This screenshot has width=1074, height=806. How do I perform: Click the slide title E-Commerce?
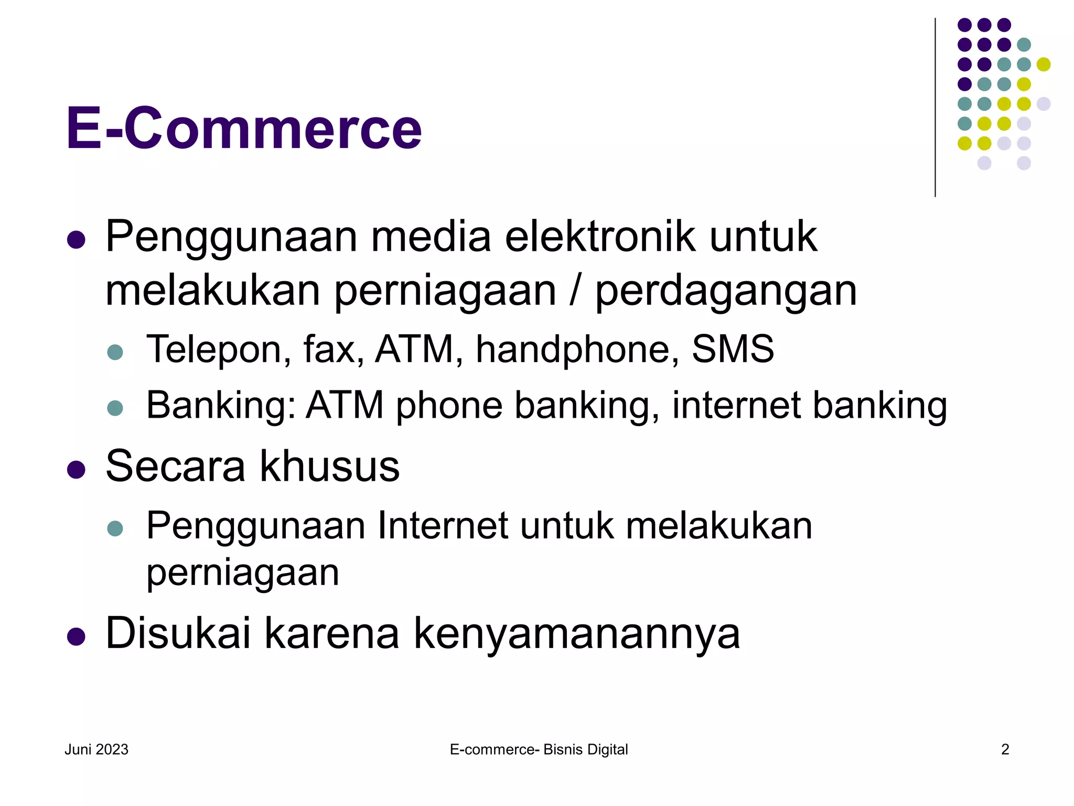coord(244,129)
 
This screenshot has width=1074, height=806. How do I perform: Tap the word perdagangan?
coord(726,292)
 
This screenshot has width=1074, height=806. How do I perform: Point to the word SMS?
coord(733,349)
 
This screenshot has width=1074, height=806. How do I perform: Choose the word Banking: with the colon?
coord(221,406)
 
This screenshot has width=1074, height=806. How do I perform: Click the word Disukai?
coord(178,633)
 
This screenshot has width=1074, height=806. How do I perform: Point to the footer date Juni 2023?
coord(96,749)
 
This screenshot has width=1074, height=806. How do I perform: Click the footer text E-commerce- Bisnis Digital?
coord(539,749)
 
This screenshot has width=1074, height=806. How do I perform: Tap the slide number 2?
coord(1005,749)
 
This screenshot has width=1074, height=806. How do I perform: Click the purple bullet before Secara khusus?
coord(77,470)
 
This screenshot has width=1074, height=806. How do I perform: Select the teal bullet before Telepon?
coord(115,352)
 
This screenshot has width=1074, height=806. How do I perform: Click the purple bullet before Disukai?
coord(77,637)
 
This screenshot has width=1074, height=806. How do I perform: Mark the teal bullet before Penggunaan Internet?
coord(115,528)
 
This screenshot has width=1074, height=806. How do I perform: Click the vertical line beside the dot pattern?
coord(935,108)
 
